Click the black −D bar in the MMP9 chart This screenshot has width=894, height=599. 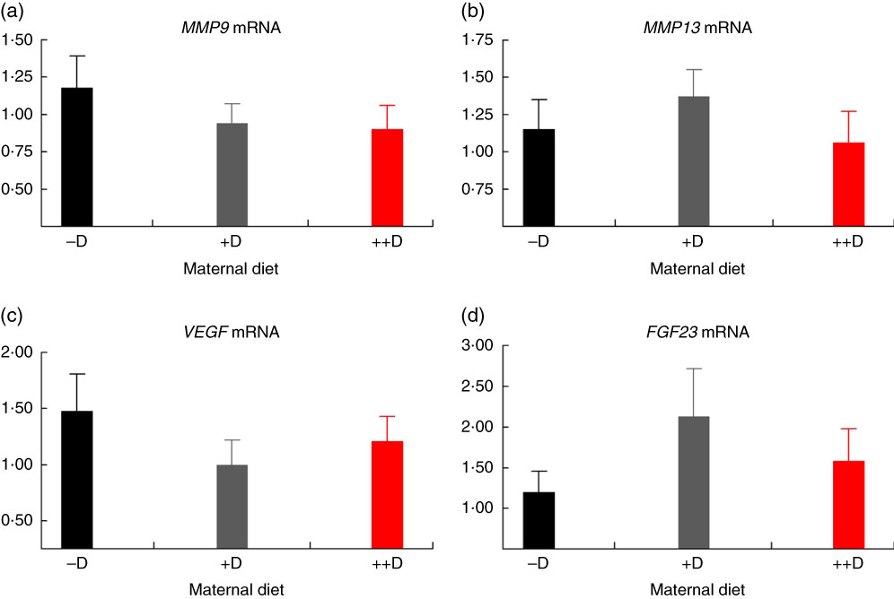pos(76,157)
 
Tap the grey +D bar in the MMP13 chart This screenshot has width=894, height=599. pos(694,161)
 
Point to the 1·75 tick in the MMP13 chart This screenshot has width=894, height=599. pos(480,40)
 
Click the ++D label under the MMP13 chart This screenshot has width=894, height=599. pos(848,241)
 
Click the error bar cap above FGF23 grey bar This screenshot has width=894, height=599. pos(694,369)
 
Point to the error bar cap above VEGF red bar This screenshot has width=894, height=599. pos(387,416)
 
